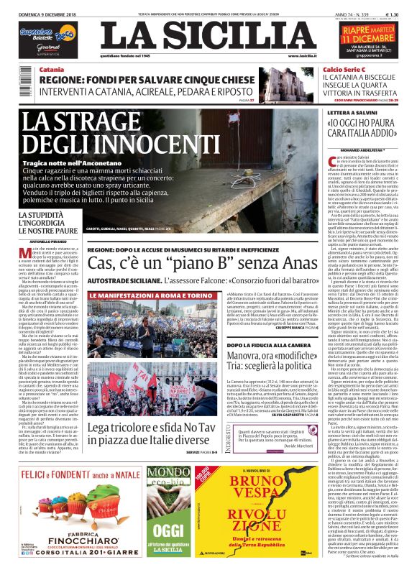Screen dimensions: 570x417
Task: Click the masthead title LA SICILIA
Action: pyautogui.click(x=208, y=36)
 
